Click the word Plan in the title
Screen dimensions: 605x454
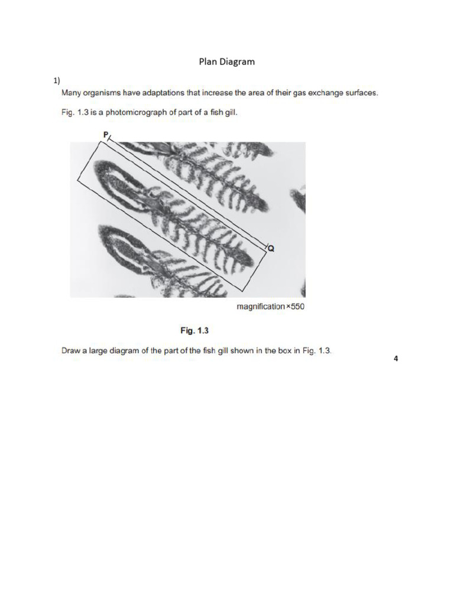(x=207, y=61)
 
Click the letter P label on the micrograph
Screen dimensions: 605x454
(x=106, y=135)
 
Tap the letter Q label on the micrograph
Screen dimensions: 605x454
(x=271, y=249)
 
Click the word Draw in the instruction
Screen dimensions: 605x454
(x=71, y=350)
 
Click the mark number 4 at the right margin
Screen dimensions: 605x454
(x=396, y=358)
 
